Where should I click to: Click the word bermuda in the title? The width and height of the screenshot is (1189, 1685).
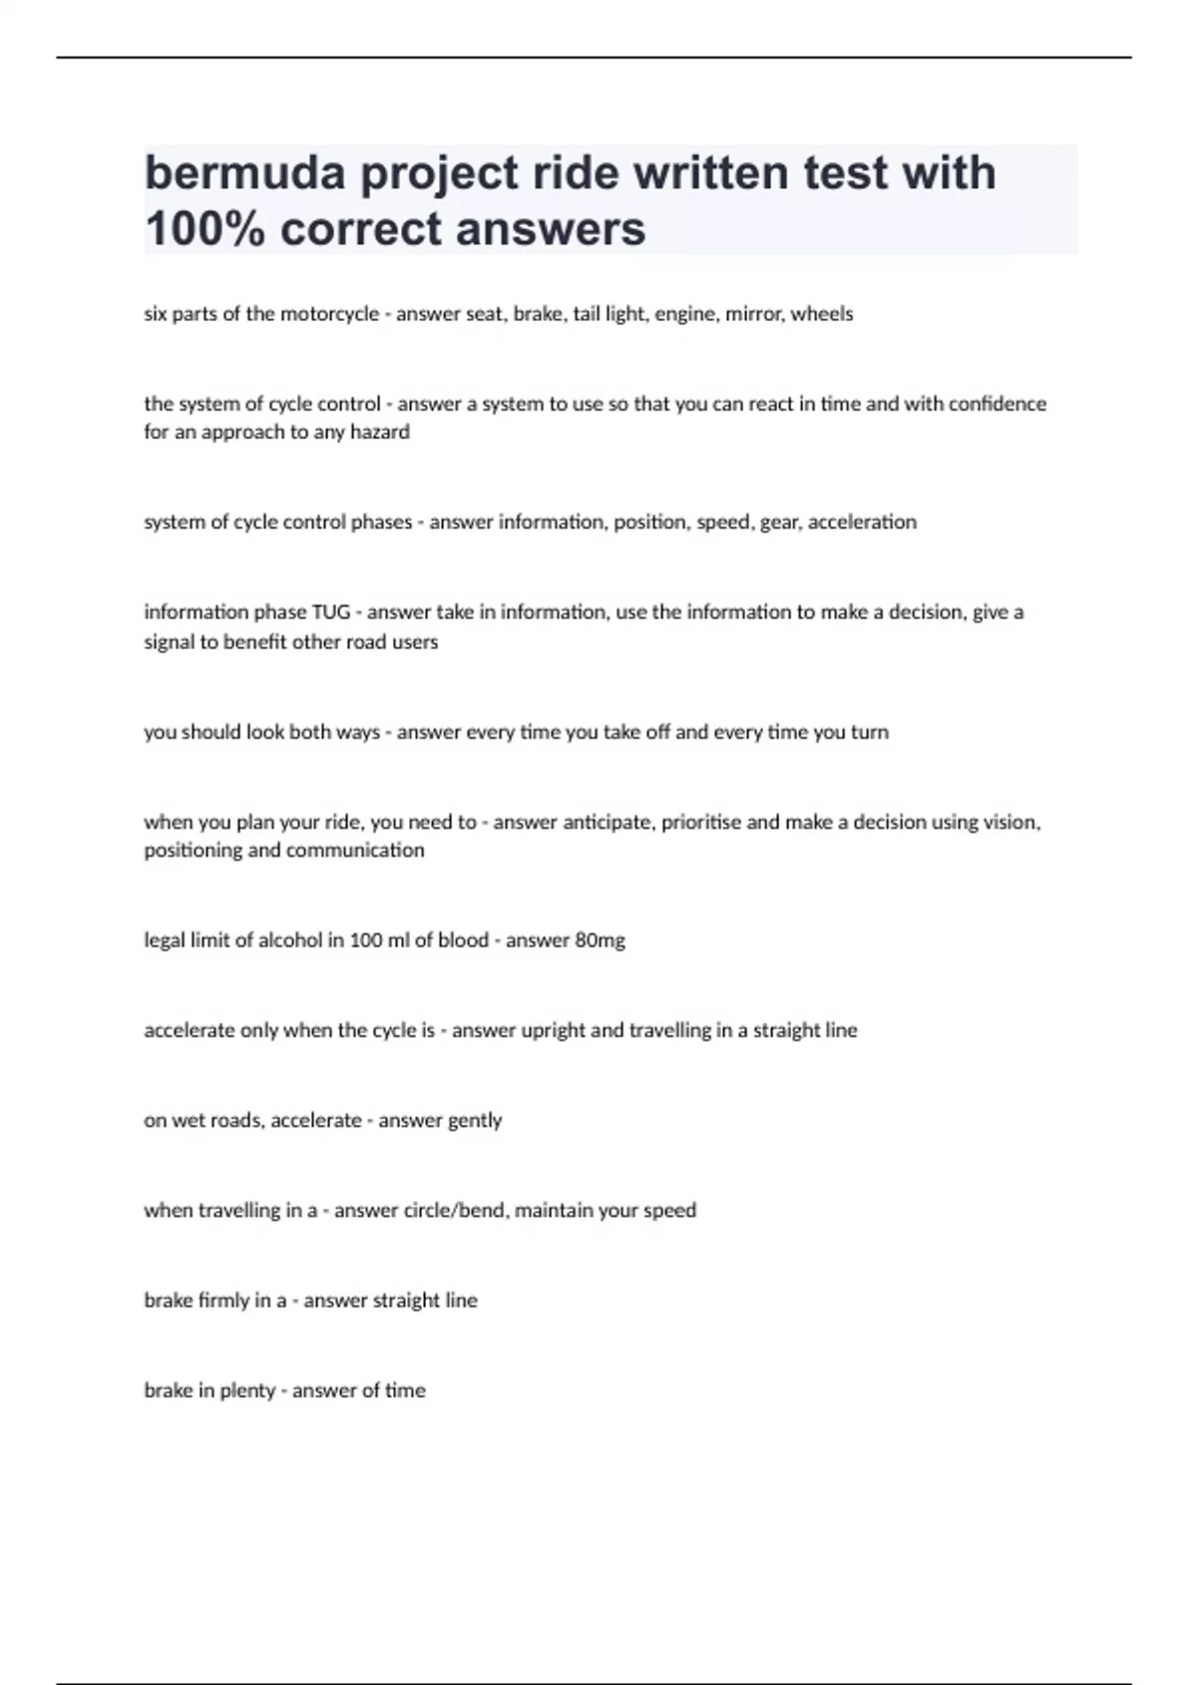[245, 173]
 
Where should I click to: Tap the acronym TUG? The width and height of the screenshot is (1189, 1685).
[331, 613]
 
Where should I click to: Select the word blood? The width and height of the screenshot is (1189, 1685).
[463, 941]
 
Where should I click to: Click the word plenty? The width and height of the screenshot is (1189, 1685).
[248, 1391]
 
